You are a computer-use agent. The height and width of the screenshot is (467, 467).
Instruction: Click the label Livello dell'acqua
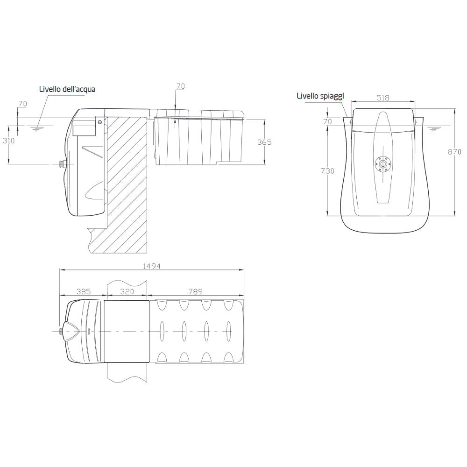67,89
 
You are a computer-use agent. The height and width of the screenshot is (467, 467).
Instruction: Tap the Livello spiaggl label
320,96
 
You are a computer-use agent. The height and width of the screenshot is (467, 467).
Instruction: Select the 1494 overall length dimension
152,266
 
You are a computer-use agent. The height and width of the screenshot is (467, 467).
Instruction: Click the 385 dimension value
84,291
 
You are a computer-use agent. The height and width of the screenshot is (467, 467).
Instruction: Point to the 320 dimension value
127,291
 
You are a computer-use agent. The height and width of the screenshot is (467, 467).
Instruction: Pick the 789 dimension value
196,291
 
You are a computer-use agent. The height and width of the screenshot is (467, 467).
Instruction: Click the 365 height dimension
264,142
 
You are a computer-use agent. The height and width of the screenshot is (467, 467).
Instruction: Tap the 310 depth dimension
8,140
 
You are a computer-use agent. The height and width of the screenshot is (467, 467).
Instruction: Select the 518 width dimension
383,98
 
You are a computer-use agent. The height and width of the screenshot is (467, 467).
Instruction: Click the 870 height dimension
455,152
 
